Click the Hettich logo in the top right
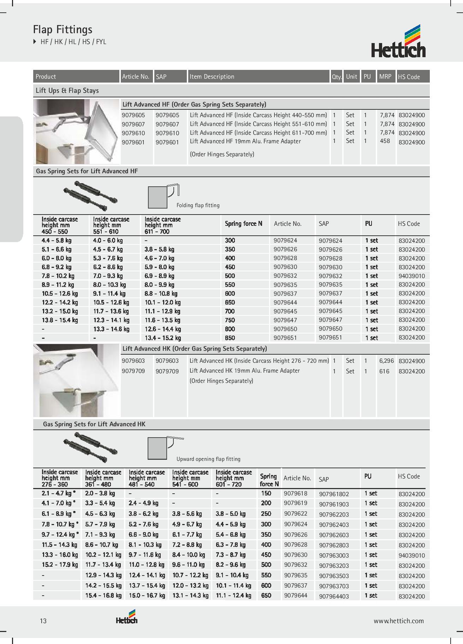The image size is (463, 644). [x=398, y=42]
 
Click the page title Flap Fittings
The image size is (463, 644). [x=63, y=29]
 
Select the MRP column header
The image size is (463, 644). [x=385, y=76]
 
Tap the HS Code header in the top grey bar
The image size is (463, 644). [x=409, y=77]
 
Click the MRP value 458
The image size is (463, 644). [x=385, y=141]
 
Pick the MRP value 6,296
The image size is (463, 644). [x=386, y=361]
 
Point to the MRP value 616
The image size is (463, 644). [x=384, y=371]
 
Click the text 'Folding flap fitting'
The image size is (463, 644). [x=198, y=205]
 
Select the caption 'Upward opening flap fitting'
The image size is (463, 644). [x=208, y=459]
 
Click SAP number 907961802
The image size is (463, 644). [x=334, y=494]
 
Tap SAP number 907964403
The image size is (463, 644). [x=334, y=596]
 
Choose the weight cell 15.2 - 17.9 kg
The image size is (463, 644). [x=60, y=565]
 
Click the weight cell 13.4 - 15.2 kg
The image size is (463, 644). [x=163, y=338]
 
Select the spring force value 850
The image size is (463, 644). [x=230, y=338]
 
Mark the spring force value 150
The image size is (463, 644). [x=266, y=493]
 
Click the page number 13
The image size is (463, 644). [x=43, y=621]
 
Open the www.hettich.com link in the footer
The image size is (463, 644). [x=399, y=621]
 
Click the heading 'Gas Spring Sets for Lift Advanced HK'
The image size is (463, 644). [x=94, y=424]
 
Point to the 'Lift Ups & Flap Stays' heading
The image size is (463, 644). [x=67, y=91]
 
